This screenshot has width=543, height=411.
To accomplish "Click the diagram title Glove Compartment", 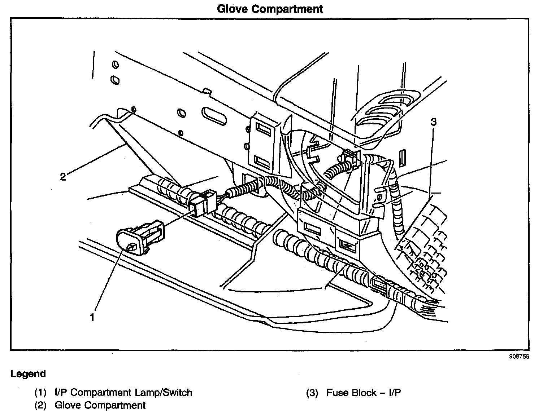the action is [x=270, y=9].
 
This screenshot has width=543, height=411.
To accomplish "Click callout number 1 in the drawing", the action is [x=92, y=317].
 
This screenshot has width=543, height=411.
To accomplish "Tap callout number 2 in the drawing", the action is [x=63, y=177].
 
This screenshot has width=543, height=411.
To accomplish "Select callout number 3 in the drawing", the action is [x=433, y=122].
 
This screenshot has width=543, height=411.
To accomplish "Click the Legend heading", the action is [x=28, y=374].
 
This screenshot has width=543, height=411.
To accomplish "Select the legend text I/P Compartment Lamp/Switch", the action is [x=123, y=392].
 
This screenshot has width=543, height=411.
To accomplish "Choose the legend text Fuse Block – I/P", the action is [x=364, y=392].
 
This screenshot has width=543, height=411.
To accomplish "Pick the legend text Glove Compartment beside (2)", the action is [x=100, y=405].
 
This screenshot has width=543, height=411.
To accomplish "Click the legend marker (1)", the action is [x=40, y=392].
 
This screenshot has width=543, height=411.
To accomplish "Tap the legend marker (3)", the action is [x=312, y=392].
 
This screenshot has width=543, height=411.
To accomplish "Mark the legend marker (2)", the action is [x=40, y=405].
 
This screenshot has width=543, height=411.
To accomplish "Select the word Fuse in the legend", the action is [x=336, y=392].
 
